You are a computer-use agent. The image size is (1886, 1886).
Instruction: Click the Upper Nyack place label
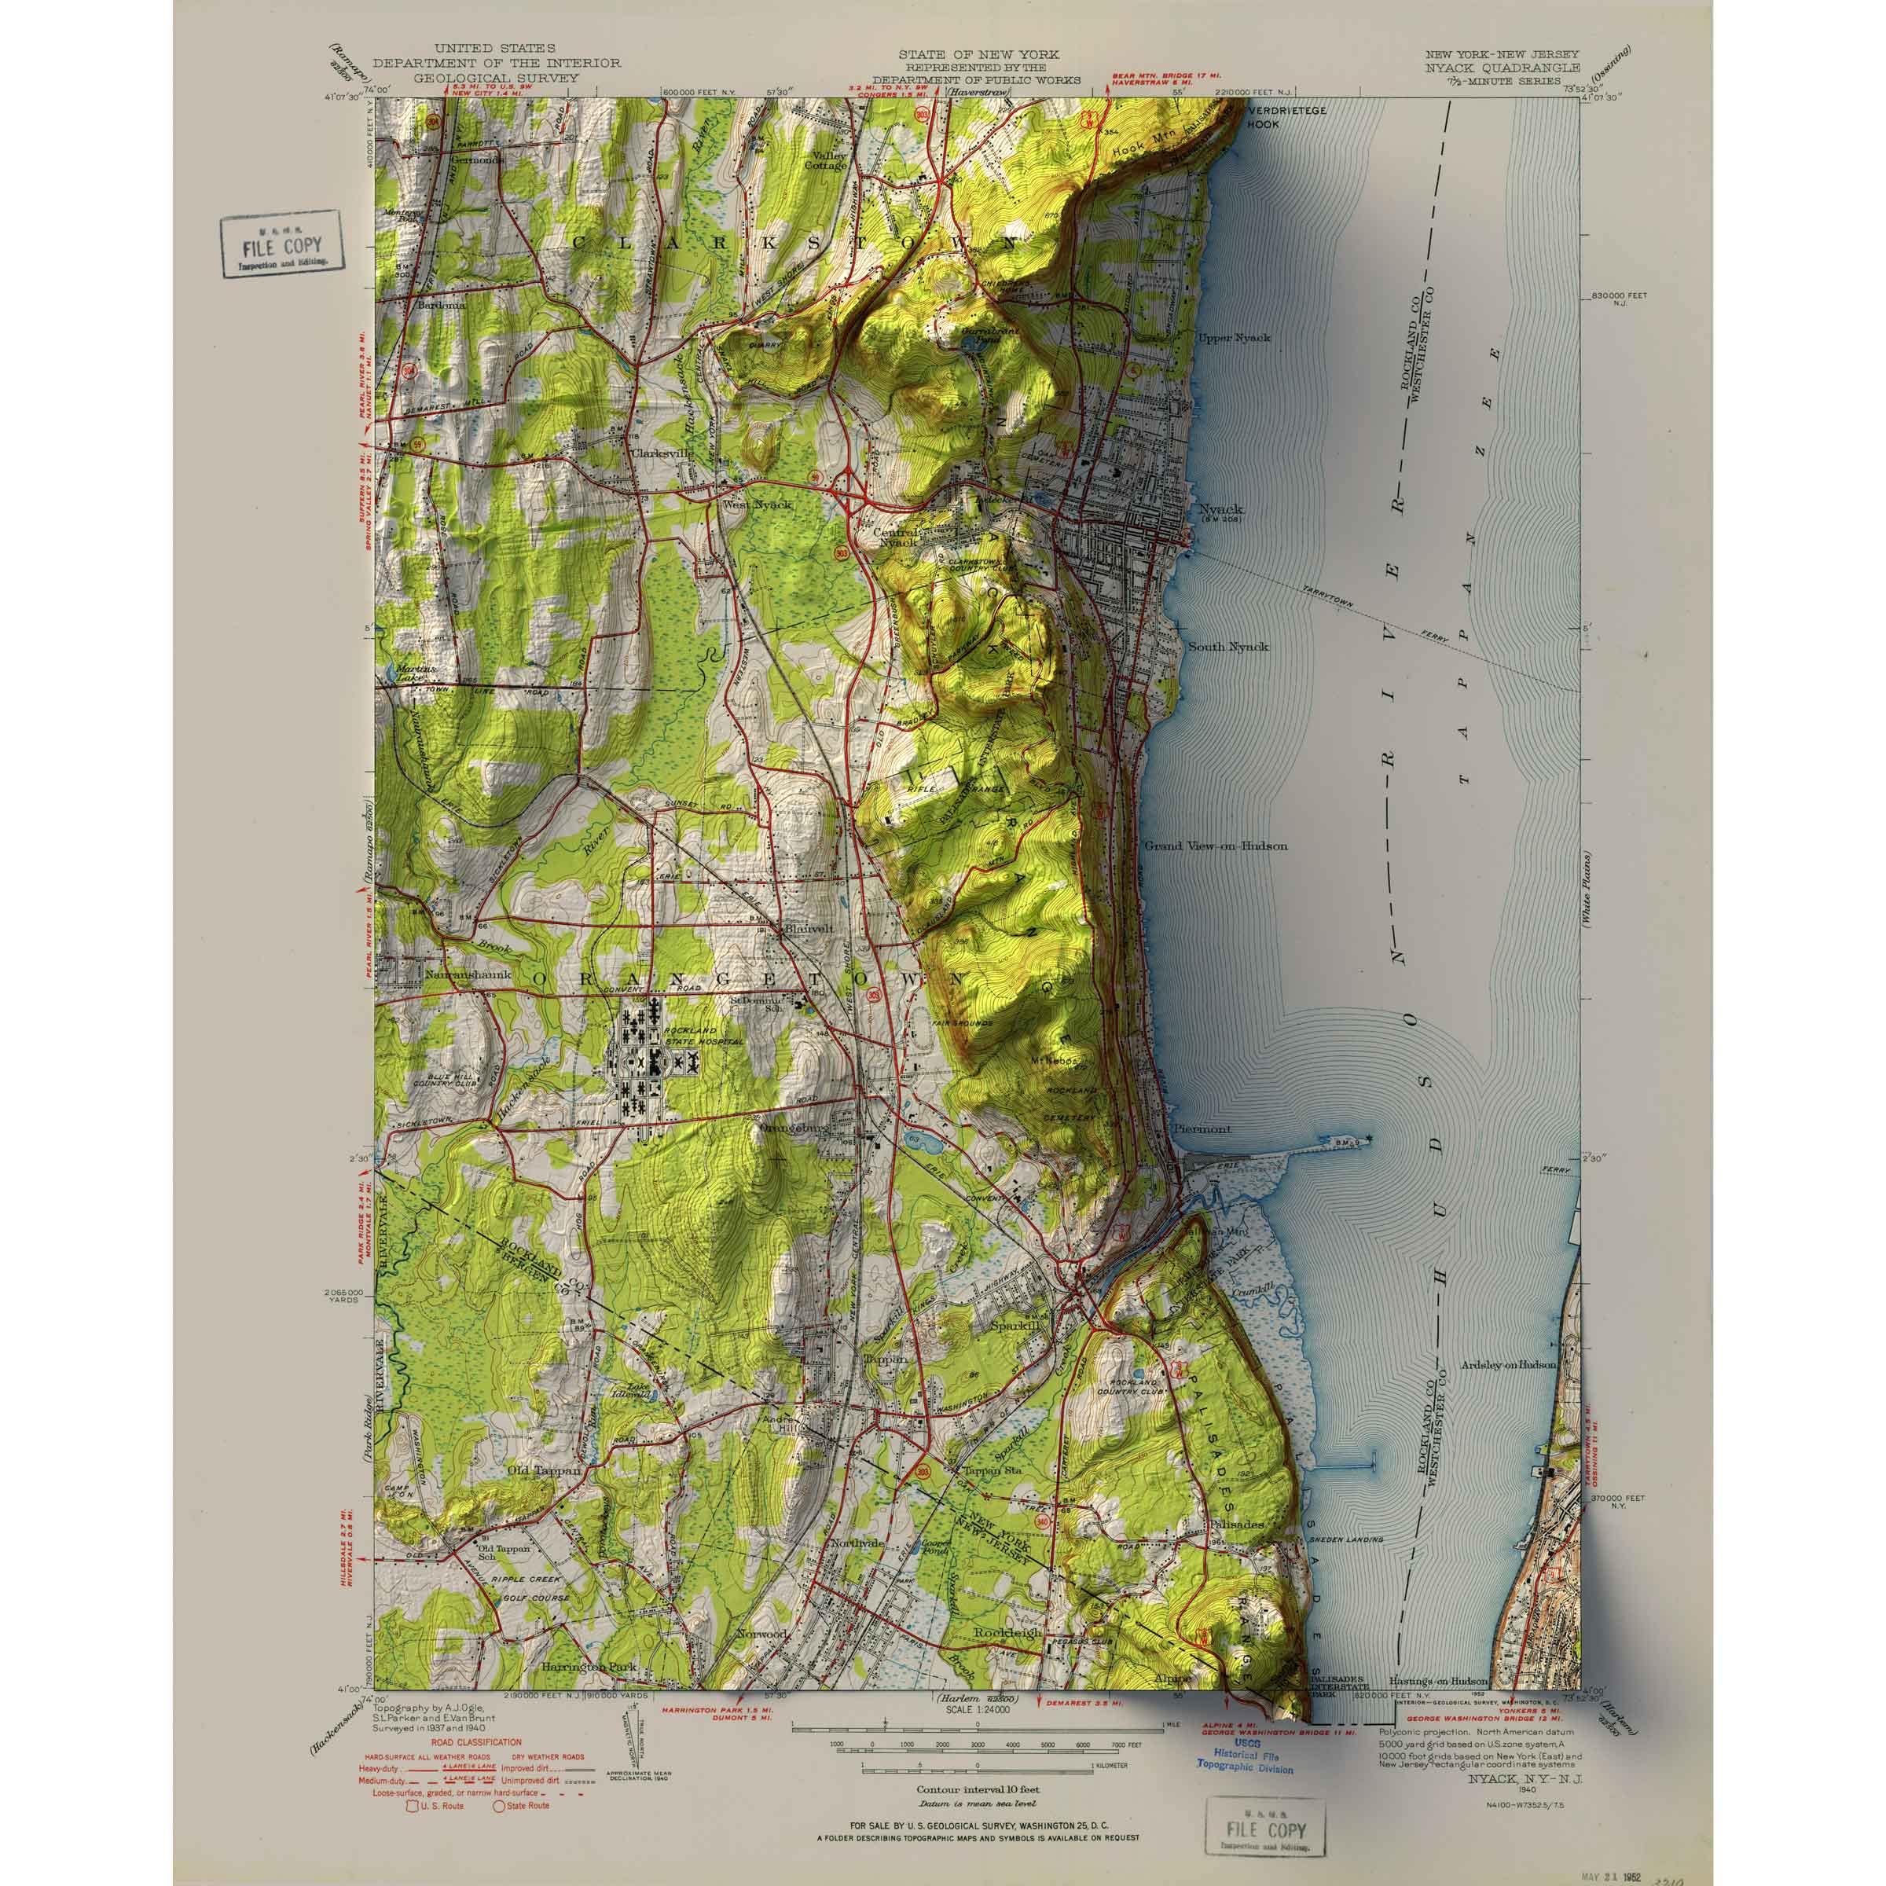click(x=1235, y=338)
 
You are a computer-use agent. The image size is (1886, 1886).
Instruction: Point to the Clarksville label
click(x=662, y=454)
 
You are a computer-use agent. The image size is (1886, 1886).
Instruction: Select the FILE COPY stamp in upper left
click(x=281, y=244)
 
